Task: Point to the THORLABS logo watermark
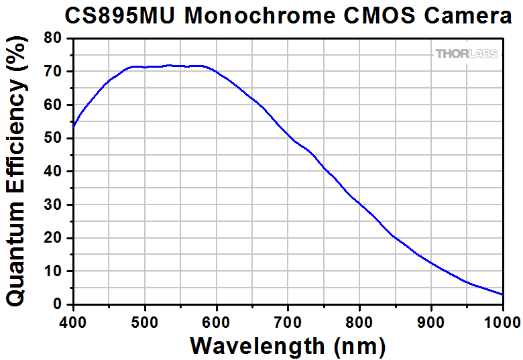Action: click(x=467, y=54)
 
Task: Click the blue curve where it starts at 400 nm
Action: click(x=74, y=125)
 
